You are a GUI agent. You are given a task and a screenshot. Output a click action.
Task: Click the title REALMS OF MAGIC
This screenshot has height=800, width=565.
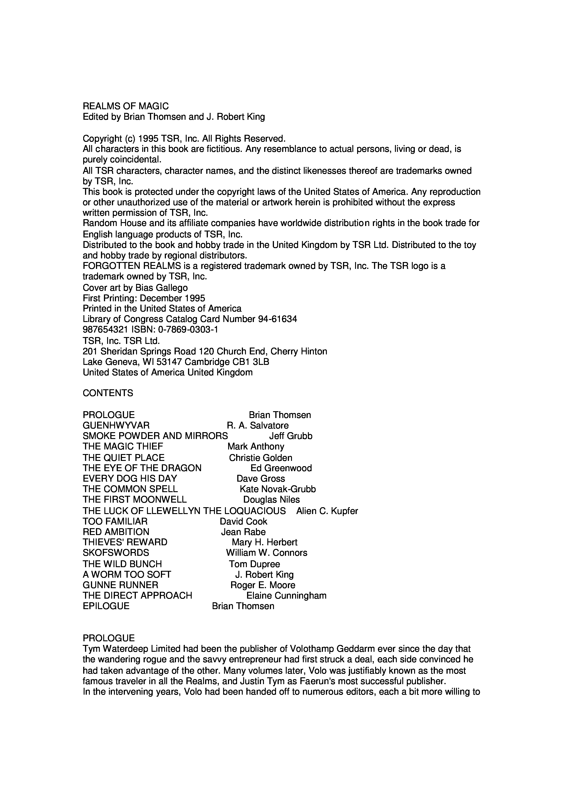coord(126,106)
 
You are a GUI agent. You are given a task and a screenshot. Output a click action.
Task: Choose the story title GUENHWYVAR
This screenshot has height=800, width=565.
coord(116,426)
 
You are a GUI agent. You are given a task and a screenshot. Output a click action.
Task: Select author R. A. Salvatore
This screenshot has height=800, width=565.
coord(258,426)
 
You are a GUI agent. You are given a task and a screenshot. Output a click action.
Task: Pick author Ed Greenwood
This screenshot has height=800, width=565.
coord(281,468)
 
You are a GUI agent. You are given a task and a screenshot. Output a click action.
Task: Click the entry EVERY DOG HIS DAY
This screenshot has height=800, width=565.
coord(130,478)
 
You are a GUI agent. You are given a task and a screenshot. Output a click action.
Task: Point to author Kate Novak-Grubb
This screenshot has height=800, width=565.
coord(278,489)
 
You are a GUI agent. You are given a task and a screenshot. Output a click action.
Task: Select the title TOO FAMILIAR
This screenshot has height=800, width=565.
coord(115,521)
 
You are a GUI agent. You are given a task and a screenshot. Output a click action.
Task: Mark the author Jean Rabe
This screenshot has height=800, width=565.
coord(243,532)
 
